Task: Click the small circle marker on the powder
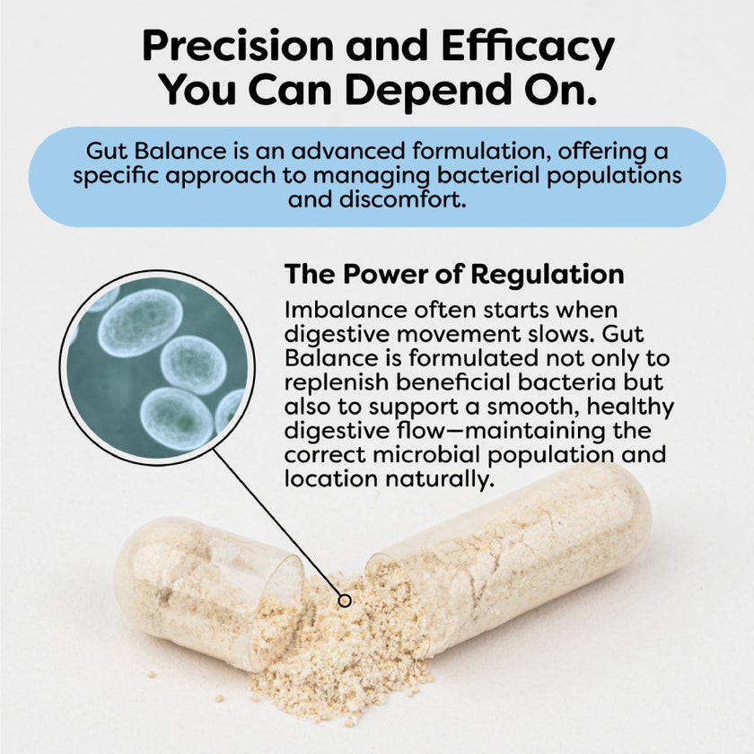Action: point(343,599)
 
